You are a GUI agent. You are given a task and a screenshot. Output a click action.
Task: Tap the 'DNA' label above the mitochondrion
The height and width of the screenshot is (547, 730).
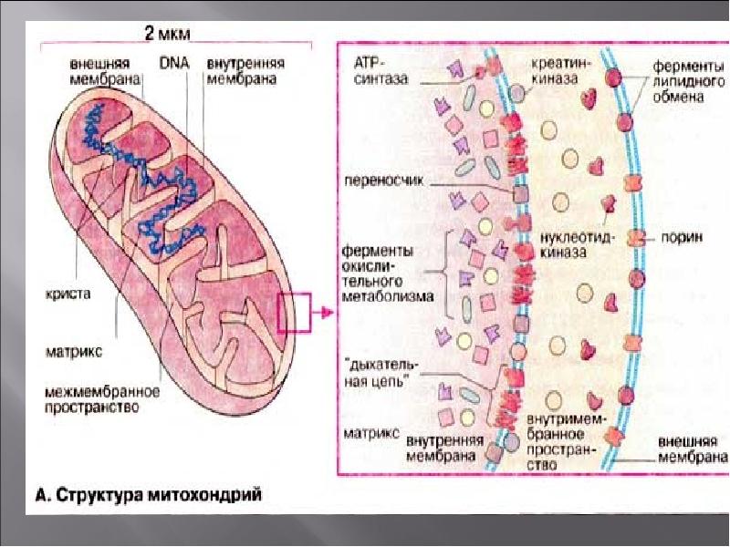172,64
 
